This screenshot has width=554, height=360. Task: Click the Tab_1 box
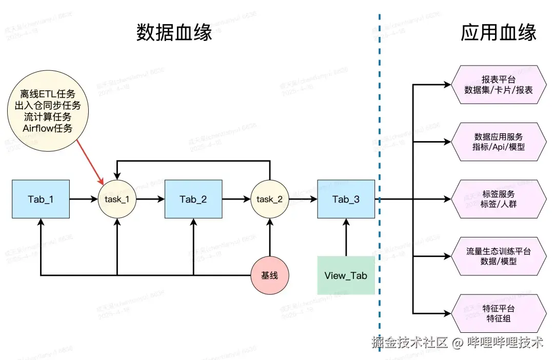click(x=41, y=199)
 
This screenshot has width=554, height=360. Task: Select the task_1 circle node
click(x=117, y=199)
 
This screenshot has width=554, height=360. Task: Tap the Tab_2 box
click(x=193, y=199)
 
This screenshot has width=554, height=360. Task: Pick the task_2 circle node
click(x=269, y=199)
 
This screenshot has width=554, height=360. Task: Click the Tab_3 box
click(x=346, y=199)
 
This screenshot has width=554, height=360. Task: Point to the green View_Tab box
click(x=346, y=275)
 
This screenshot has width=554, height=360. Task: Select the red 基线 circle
click(x=269, y=275)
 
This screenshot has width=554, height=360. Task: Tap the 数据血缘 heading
click(x=174, y=33)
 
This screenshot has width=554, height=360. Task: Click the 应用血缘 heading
click(x=499, y=33)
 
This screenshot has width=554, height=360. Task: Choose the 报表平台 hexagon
click(x=499, y=85)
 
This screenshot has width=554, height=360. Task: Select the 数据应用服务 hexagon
click(x=499, y=142)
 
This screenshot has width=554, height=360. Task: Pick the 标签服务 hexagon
click(x=499, y=199)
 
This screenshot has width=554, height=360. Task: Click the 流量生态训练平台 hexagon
click(x=499, y=256)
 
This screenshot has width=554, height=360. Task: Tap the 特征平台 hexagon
click(x=499, y=313)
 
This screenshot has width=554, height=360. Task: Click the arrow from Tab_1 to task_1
click(x=83, y=199)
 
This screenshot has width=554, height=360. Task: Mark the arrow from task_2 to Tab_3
click(x=303, y=199)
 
